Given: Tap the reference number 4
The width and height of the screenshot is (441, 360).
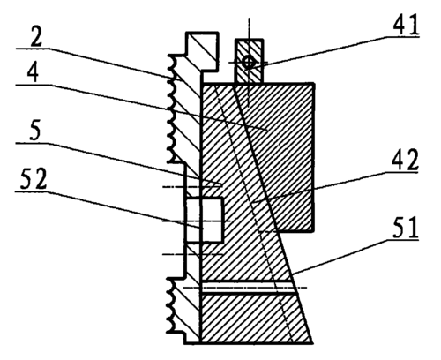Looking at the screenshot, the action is coord(33,73).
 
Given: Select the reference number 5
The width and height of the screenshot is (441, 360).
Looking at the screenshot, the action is coord(34,131).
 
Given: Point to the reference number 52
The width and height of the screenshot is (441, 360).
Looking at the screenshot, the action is coord(34,179).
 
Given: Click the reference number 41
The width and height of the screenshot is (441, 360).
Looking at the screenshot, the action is coord(406,25).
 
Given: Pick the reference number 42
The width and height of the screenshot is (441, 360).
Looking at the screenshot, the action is coord(405,161).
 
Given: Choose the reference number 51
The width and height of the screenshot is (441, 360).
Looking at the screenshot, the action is coord(406,228).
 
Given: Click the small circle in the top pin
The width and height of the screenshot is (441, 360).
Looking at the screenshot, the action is coord(249,62).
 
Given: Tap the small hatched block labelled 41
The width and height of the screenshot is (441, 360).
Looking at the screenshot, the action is coord(250,61).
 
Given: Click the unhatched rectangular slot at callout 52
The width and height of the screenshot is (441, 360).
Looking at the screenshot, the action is coord(204,220).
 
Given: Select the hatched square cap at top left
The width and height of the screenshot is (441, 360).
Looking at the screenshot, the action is coord(202,51).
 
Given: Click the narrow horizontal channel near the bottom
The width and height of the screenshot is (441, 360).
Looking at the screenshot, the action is coord(248,288).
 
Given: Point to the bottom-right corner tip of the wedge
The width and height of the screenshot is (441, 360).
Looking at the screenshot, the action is coord(312,343).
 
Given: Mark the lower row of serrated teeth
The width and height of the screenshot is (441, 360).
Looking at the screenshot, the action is coord(171,306).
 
